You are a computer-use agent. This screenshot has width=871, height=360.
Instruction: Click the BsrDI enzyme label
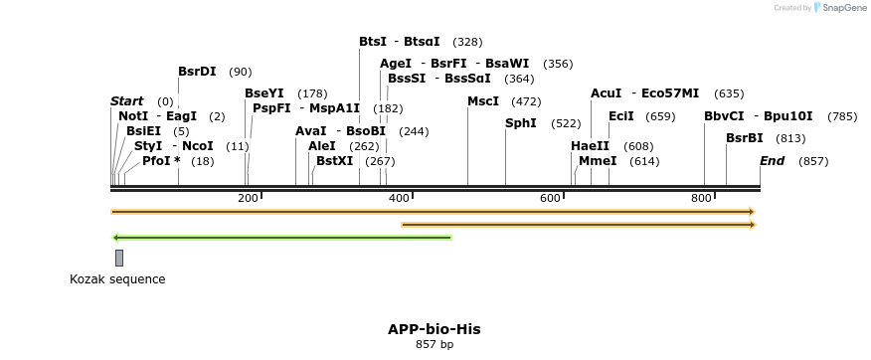click(197, 72)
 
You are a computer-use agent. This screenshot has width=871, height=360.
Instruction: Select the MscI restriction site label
click(483, 101)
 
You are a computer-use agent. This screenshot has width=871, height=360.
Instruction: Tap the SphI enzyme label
click(521, 123)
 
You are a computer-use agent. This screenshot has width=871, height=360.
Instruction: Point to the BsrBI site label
click(745, 138)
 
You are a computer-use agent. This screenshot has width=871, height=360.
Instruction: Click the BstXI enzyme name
click(334, 160)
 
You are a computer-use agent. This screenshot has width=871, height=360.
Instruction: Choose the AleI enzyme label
click(322, 146)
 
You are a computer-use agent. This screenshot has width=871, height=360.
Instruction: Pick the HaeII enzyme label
click(590, 146)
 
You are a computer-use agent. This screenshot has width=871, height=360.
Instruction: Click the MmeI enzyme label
click(598, 160)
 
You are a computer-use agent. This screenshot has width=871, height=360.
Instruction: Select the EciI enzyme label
click(621, 116)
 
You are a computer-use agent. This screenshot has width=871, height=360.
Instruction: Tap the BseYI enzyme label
click(264, 93)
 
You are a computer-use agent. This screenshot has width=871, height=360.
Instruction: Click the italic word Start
click(126, 101)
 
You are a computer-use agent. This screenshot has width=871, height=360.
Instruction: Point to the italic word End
click(772, 160)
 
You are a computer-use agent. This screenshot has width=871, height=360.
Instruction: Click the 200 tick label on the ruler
click(248, 199)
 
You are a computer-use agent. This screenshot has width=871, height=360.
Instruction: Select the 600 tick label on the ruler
click(550, 199)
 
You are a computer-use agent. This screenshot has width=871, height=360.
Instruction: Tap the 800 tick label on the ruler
click(701, 199)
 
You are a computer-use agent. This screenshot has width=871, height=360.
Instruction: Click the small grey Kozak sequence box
click(119, 258)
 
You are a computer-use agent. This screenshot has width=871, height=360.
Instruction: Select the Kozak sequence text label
click(117, 279)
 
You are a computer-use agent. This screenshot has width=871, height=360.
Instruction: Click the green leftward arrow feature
click(282, 238)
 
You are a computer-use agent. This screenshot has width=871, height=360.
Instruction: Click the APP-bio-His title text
click(435, 328)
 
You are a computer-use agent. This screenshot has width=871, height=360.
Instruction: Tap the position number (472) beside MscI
click(526, 101)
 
